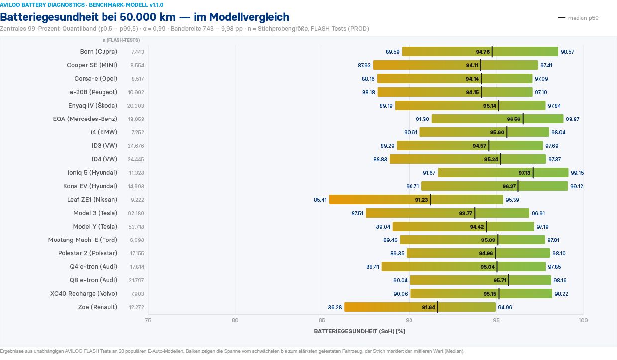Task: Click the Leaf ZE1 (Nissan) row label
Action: pyautogui.click(x=92, y=199)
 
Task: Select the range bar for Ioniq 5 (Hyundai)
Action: pyautogui.click(x=503, y=173)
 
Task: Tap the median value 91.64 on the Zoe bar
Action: pyautogui.click(x=428, y=307)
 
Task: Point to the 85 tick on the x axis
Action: pyautogui.click(x=322, y=320)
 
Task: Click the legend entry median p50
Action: pyautogui.click(x=578, y=18)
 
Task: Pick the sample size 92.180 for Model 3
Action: pyautogui.click(x=136, y=213)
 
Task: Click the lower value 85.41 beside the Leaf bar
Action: pyautogui.click(x=320, y=200)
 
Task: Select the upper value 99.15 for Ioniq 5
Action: pyautogui.click(x=577, y=173)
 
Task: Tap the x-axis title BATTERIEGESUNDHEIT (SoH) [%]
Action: pyautogui.click(x=359, y=331)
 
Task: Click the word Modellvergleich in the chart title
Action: pyautogui.click(x=249, y=17)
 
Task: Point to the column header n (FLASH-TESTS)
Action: pyautogui.click(x=121, y=40)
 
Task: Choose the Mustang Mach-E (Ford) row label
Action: pyautogui.click(x=83, y=240)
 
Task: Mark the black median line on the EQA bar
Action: pyautogui.click(x=523, y=119)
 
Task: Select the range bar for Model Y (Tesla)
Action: pyautogui.click(x=463, y=227)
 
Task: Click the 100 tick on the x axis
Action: pyautogui.click(x=583, y=320)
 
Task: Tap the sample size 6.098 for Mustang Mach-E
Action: pyautogui.click(x=137, y=240)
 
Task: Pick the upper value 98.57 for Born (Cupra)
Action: pyautogui.click(x=567, y=52)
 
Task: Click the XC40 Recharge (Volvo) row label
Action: pyautogui.click(x=84, y=294)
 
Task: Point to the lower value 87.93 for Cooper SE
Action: pyautogui.click(x=364, y=65)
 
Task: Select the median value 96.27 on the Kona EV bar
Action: pyautogui.click(x=509, y=186)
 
